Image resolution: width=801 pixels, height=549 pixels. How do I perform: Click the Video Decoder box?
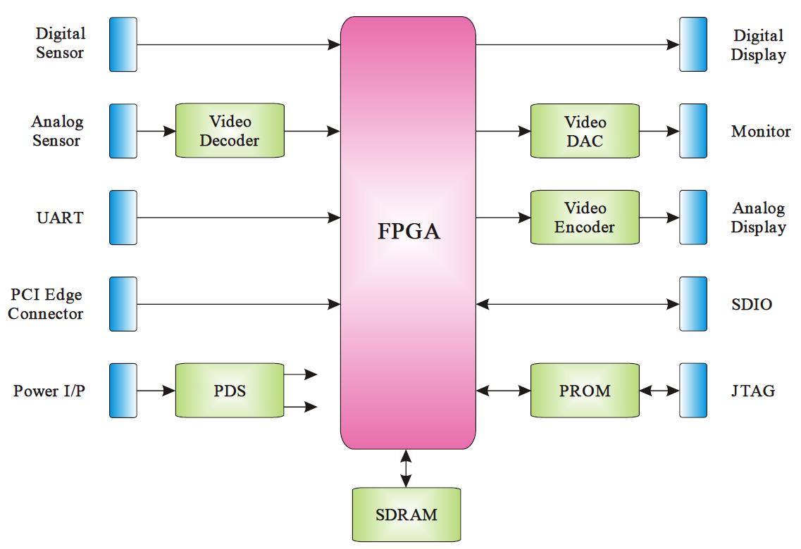tap(230, 131)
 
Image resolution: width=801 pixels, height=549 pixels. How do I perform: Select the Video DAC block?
tap(585, 131)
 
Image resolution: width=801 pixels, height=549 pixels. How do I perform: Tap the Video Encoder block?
tap(585, 217)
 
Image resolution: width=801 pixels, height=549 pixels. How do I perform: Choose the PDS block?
tap(230, 390)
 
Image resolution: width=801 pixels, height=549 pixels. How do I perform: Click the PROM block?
tap(585, 390)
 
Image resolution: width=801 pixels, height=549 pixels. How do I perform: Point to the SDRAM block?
tap(406, 514)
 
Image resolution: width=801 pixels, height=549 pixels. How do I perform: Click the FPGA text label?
tap(409, 232)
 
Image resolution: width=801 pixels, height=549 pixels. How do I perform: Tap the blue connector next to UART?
tap(123, 217)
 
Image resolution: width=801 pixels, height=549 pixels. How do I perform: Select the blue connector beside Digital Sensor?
tap(123, 44)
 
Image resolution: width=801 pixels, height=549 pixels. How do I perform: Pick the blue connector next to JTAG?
tap(693, 390)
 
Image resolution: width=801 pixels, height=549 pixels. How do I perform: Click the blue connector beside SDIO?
tap(693, 304)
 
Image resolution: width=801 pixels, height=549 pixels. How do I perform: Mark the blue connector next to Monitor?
tap(693, 131)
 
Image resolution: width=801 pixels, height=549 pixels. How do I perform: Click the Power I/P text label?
tap(49, 391)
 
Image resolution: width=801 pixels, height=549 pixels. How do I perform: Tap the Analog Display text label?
tap(758, 217)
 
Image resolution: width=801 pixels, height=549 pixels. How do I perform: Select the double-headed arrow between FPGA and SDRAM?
tap(406, 468)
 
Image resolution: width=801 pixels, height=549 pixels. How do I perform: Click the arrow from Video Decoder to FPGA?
tap(312, 131)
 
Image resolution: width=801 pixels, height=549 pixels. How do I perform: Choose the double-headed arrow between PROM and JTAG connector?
tap(659, 390)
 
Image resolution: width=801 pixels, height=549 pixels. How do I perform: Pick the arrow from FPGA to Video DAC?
tap(503, 131)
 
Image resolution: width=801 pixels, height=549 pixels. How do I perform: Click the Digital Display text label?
tap(758, 45)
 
